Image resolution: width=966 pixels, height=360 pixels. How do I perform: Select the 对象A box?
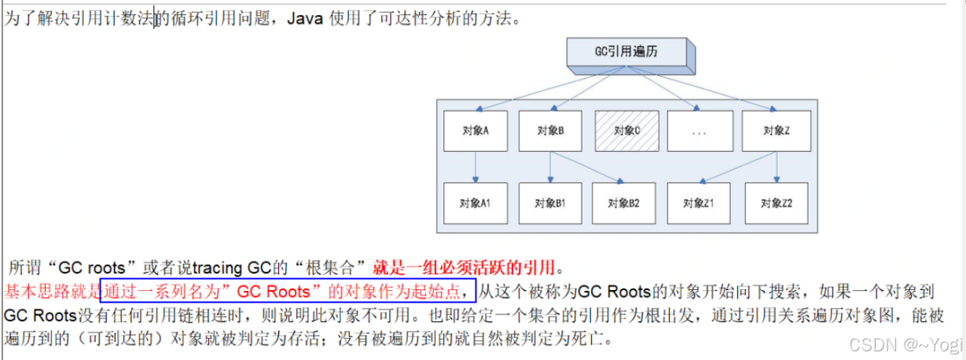(475, 130)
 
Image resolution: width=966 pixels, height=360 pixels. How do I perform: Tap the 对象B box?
(549, 130)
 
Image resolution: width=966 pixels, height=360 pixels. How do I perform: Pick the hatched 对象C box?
(626, 130)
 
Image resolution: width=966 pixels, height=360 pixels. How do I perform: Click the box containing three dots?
(700, 130)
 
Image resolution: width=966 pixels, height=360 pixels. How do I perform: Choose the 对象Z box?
(776, 130)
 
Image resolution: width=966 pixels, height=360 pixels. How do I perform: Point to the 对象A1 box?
(475, 203)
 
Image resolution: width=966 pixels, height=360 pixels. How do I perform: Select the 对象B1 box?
(549, 203)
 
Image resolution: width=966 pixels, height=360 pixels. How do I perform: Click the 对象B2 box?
(623, 203)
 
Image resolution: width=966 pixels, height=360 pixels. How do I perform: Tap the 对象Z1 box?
(698, 203)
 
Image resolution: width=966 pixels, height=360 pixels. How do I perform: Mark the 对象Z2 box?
(777, 203)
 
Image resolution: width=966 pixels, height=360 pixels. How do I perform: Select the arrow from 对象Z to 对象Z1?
(739, 167)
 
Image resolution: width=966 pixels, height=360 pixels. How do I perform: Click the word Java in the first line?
(304, 19)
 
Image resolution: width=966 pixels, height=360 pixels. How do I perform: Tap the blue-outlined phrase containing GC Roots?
(288, 292)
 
